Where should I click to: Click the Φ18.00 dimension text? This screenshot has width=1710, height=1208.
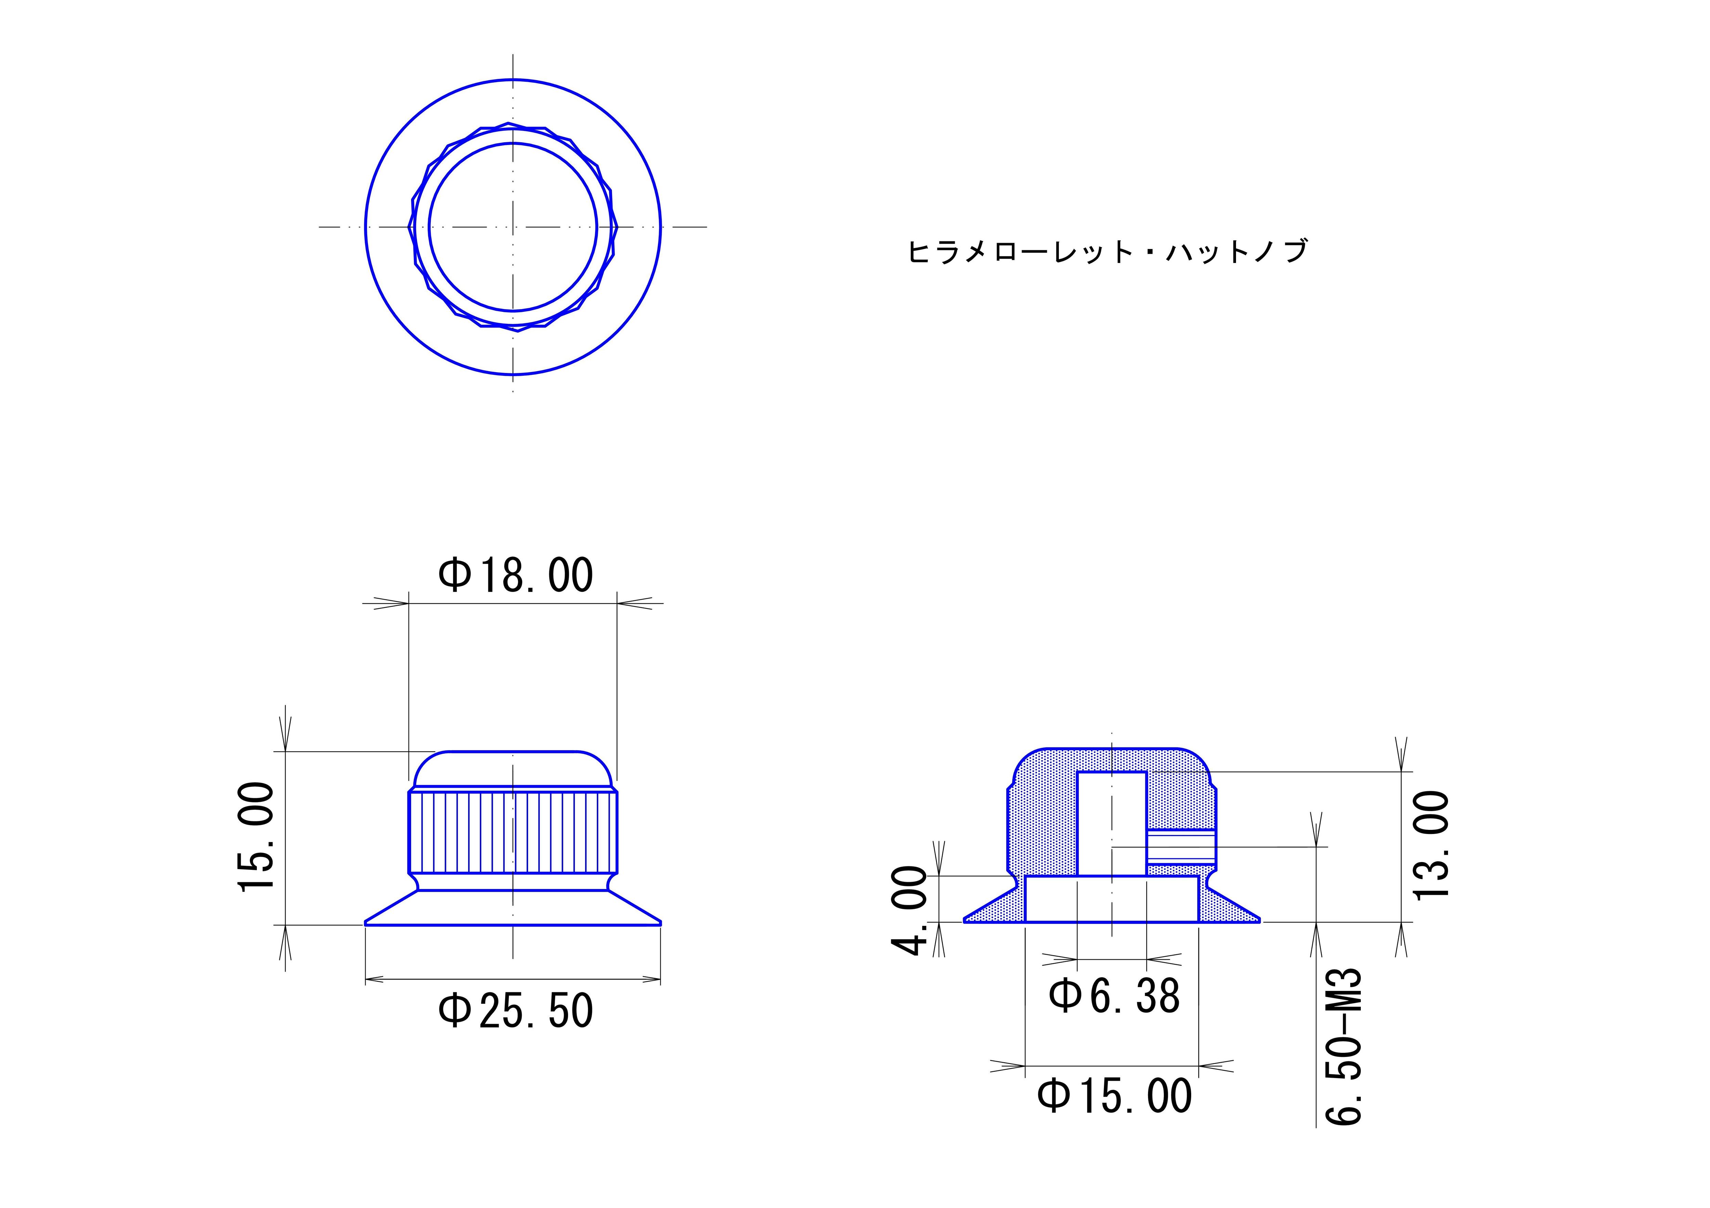tap(515, 576)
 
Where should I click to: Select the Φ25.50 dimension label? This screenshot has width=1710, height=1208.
tap(515, 1011)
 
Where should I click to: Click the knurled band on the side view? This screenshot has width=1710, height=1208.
tap(513, 833)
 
